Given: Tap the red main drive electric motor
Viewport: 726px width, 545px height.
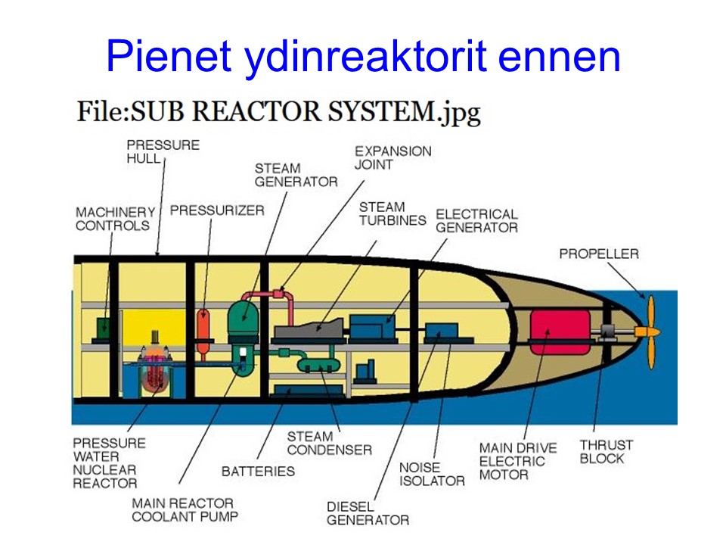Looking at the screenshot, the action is (x=560, y=332).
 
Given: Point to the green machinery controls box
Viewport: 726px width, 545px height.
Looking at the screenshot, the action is (x=104, y=329).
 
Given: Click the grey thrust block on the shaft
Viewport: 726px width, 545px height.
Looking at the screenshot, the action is (x=607, y=332).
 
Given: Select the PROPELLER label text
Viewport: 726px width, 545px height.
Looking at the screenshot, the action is (x=599, y=254).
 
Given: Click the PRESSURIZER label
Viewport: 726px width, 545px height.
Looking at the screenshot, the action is (x=217, y=210).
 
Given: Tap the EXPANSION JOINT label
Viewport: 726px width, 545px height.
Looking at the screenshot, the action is (x=392, y=157).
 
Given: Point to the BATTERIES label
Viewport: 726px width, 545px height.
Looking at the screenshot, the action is (x=258, y=472).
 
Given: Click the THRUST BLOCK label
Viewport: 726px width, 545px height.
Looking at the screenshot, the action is (x=606, y=452).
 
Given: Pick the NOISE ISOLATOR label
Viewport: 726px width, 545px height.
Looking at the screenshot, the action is (x=432, y=474).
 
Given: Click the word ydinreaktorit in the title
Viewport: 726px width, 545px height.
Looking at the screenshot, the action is (x=365, y=58).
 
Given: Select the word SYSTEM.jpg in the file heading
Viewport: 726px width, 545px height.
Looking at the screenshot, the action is (x=404, y=113).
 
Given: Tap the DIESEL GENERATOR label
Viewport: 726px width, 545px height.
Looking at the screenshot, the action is (x=368, y=513).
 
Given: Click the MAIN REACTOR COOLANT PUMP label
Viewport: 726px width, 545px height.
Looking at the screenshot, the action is (x=185, y=509).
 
